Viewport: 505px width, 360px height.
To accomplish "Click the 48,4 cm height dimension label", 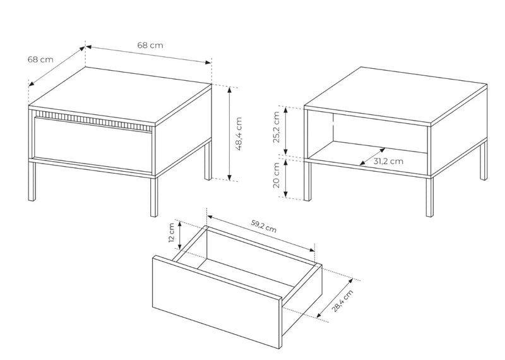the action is [x=239, y=134].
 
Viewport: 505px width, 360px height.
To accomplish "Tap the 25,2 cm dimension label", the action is [x=276, y=127].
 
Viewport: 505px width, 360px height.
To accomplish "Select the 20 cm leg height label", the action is [x=276, y=176].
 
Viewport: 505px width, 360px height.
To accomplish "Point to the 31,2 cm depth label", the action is [x=388, y=161].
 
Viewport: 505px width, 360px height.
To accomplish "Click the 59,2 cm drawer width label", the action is [x=263, y=226].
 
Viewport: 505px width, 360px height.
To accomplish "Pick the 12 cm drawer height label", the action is [x=171, y=232].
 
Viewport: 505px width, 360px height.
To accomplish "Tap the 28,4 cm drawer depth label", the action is [x=342, y=301].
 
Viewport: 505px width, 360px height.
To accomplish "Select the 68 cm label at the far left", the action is [x=40, y=59].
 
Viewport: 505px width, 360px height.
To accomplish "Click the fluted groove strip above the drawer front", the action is [x=93, y=121].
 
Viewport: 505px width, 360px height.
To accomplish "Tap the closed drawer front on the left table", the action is [x=93, y=145].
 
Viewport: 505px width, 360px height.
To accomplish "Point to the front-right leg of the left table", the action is [x=154, y=196].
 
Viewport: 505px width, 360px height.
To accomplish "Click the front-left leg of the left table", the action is [x=32, y=181].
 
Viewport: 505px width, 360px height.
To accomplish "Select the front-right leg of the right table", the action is [x=430, y=196].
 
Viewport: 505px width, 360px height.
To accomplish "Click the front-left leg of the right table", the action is [x=307, y=181].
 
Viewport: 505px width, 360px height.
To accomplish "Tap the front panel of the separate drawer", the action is [x=217, y=302].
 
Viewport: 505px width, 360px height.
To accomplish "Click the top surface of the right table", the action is [x=396, y=95].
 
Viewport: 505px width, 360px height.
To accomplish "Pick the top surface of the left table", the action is [x=120, y=96].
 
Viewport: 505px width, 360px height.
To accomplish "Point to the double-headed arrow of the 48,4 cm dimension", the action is [x=229, y=133].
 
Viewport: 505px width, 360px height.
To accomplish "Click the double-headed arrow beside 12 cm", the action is [x=180, y=236].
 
